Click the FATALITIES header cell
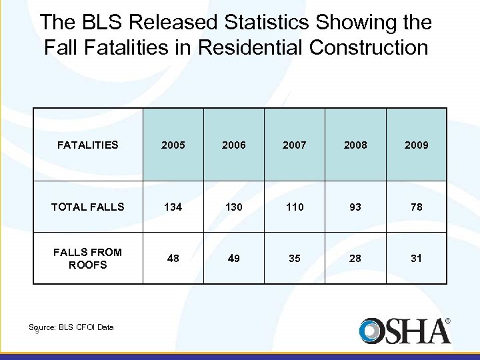point(87,145)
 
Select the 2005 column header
point(173,145)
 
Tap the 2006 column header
point(234,145)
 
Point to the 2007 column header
point(295,145)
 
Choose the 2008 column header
point(355,145)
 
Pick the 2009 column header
point(416,145)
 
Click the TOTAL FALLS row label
point(87,207)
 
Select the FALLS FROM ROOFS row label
point(87,258)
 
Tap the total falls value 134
point(173,207)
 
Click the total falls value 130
point(234,207)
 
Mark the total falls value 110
point(295,207)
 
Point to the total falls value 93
point(355,207)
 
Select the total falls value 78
point(416,207)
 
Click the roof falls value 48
point(173,258)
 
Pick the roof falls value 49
point(234,258)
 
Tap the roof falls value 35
point(295,258)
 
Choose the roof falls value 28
point(355,258)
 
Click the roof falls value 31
point(416,258)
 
